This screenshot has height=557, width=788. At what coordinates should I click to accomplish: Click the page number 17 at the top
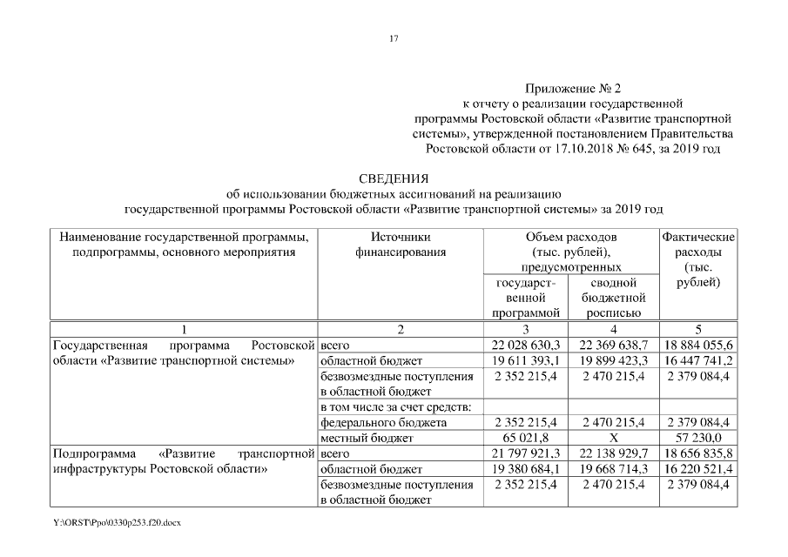[x=394, y=39]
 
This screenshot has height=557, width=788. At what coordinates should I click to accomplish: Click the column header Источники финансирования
[x=400, y=245]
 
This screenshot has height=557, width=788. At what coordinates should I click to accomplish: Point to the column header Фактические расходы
[x=698, y=259]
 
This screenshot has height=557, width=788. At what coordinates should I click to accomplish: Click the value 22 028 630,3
[x=525, y=346]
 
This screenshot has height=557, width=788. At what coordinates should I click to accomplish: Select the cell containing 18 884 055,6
[x=698, y=346]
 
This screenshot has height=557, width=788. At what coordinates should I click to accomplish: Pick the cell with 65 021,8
[x=525, y=438]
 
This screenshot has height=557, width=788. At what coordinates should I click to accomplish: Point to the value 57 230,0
[x=698, y=438]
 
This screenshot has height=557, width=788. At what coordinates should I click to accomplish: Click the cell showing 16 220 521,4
[x=698, y=468]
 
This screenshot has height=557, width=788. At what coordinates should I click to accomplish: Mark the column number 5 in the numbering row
[x=698, y=330]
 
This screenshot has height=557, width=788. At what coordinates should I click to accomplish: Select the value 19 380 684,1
[x=525, y=468]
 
